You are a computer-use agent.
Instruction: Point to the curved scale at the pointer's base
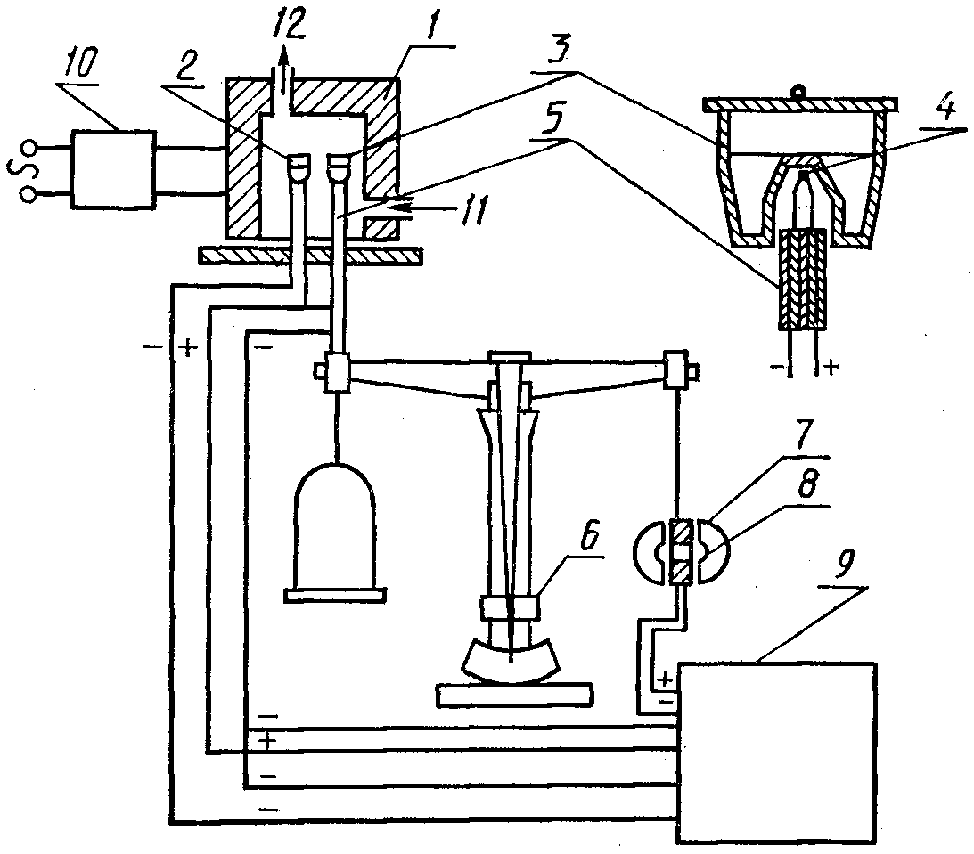(x=510, y=661)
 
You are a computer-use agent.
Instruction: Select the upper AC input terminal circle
(x=28, y=148)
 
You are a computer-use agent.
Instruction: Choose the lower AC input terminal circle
(x=28, y=196)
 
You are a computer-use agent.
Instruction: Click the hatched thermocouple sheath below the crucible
(x=803, y=279)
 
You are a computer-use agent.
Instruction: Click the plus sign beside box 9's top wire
(x=664, y=679)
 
